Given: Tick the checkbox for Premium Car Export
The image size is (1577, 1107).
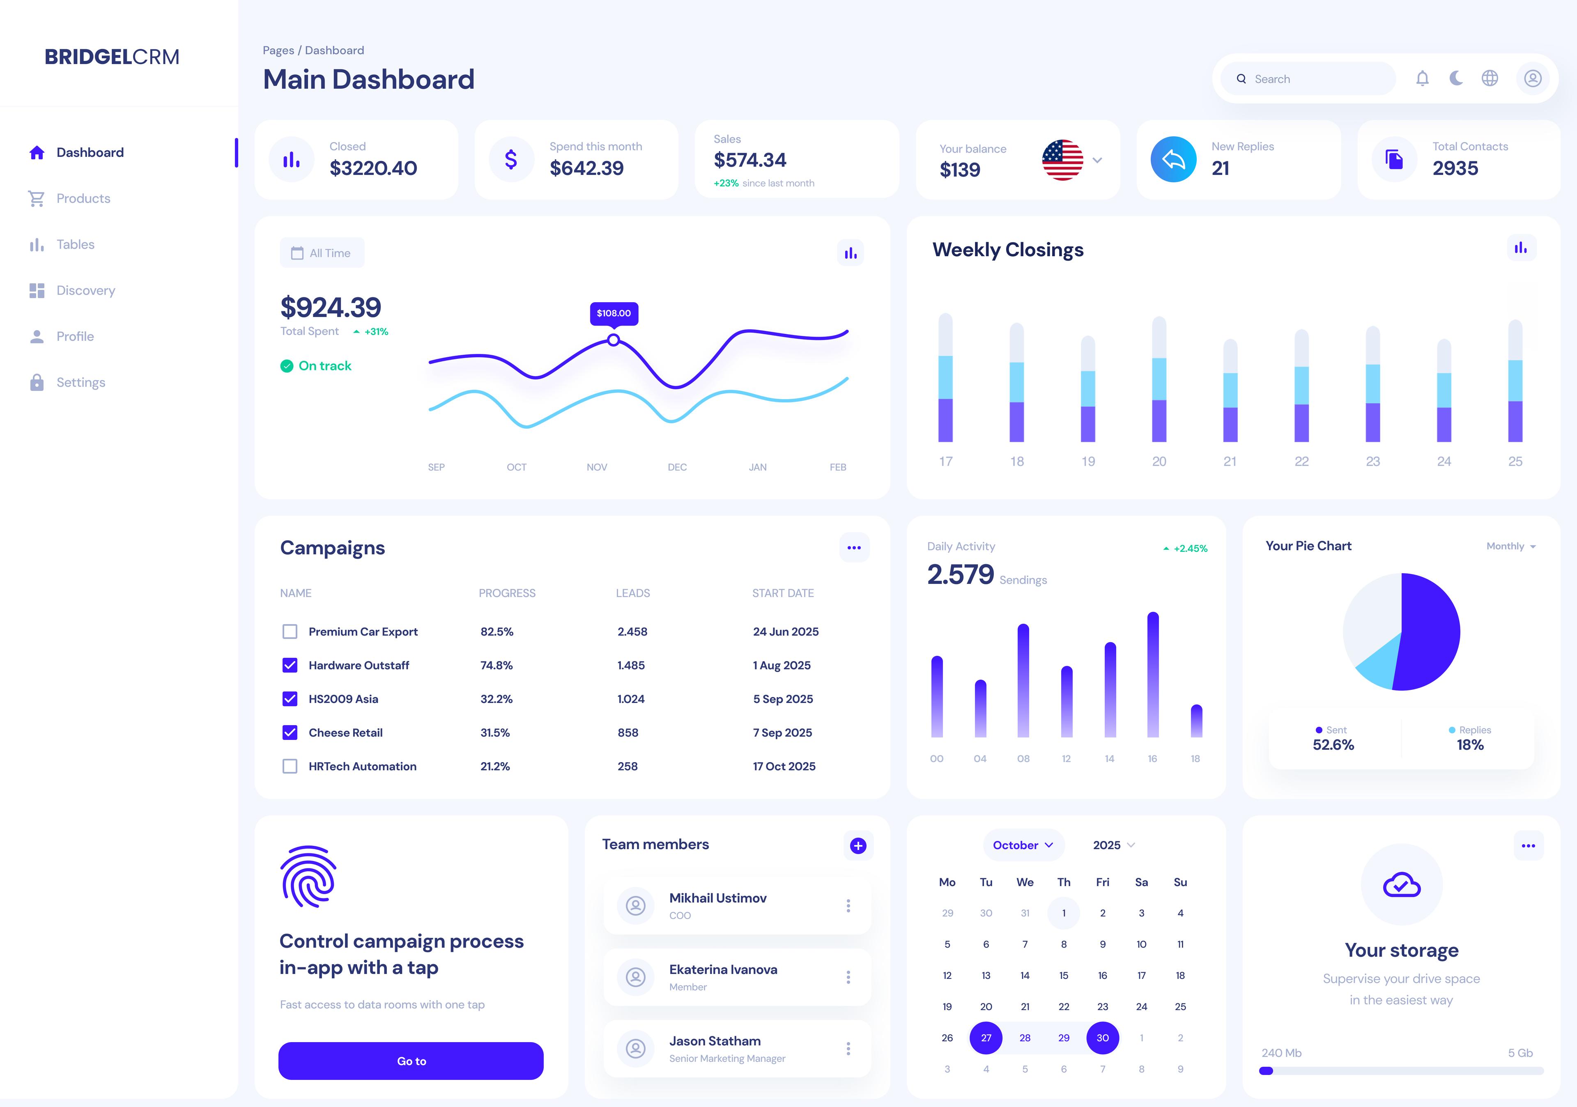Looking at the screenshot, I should (x=290, y=631).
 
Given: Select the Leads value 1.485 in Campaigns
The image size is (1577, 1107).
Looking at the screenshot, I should (x=630, y=665).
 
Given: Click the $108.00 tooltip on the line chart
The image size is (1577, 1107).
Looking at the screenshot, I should (x=614, y=313).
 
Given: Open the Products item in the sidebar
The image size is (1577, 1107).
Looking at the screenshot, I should (x=83, y=198).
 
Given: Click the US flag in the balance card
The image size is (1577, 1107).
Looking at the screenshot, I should (x=1062, y=160).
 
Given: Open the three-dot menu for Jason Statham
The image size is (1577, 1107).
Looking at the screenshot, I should (x=848, y=1048).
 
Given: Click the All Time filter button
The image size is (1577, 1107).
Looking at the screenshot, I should (x=322, y=253).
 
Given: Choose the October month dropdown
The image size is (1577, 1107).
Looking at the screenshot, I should (x=1023, y=845).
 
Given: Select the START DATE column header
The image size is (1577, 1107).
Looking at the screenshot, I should (x=782, y=593).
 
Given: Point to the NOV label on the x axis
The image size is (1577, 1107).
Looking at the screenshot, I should (x=596, y=467).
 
